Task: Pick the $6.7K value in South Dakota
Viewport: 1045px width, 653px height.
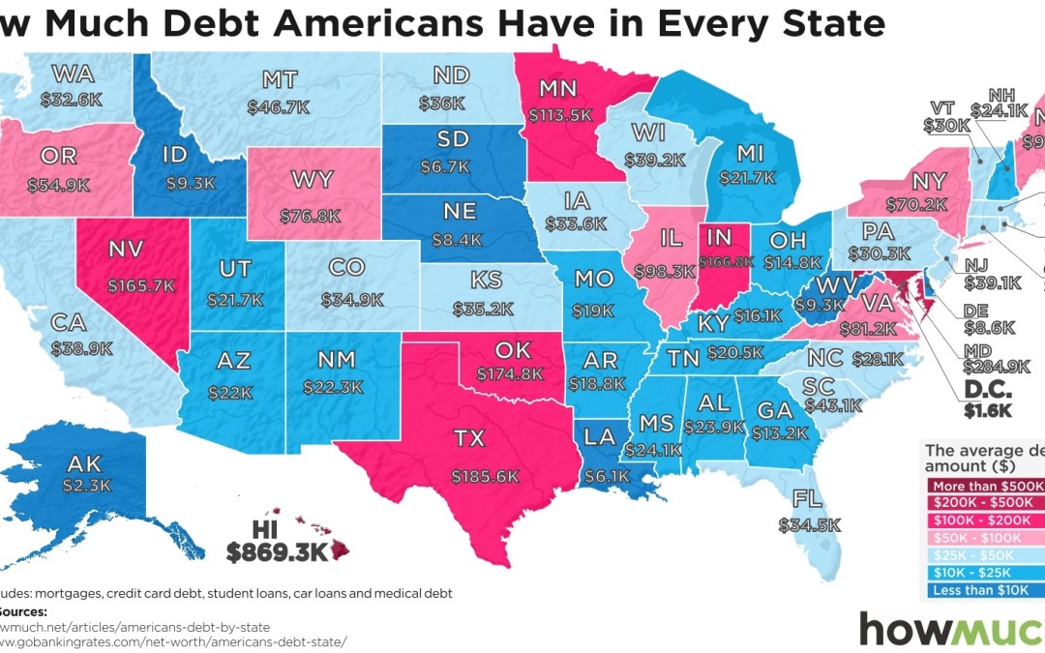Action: [445, 166]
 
